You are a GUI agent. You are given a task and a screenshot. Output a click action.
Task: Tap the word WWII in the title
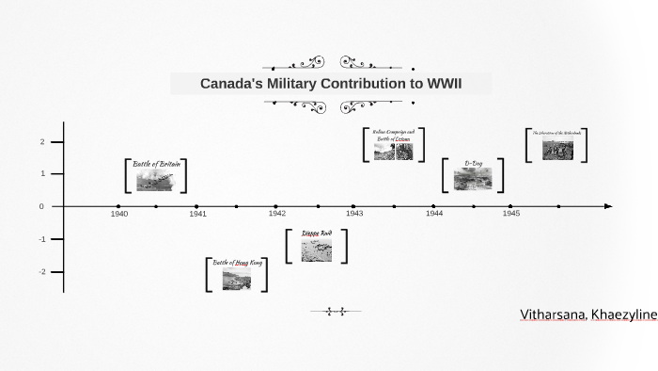[x=444, y=84]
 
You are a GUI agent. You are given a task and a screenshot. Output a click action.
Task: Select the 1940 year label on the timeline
[x=119, y=214]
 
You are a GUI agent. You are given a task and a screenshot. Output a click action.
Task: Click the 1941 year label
[x=197, y=214]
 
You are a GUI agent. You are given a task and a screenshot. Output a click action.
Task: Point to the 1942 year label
[x=276, y=214]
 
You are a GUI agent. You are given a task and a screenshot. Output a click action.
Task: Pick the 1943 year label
[x=354, y=214]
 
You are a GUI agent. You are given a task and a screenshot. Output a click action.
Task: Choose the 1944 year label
[x=433, y=214]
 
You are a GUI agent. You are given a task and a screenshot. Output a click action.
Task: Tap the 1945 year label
[x=510, y=214]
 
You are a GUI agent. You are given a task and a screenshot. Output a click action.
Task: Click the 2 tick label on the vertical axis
[x=42, y=141]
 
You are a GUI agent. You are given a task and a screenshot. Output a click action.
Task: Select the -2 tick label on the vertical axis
[x=41, y=272]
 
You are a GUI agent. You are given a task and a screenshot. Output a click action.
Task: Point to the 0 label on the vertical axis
[x=42, y=206]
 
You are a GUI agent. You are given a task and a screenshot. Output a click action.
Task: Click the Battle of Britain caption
[x=156, y=164]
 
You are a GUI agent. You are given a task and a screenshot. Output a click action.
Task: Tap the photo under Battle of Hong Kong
[x=237, y=279]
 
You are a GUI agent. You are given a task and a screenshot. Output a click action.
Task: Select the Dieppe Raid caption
[x=317, y=233]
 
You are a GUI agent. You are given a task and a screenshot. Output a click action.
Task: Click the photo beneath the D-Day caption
[x=473, y=179]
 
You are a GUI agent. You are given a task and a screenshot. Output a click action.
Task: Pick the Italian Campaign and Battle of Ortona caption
[x=393, y=135]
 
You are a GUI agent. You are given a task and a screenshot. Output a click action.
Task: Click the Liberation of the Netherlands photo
[x=557, y=150]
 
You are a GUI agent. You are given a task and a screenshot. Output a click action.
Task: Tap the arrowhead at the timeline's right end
[x=609, y=206]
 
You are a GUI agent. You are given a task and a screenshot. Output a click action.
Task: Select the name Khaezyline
[x=624, y=315]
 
